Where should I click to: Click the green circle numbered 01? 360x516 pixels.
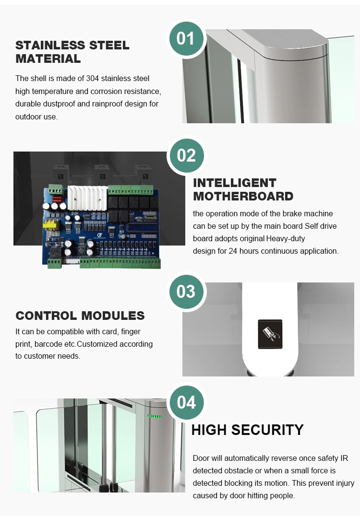pos(186,38)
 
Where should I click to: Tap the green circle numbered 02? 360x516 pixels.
pos(186,155)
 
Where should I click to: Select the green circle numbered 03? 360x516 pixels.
pos(186,292)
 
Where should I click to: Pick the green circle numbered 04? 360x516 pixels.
pos(186,402)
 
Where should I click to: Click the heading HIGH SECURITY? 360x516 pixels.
pos(247,430)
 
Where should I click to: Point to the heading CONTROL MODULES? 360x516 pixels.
pos(80,316)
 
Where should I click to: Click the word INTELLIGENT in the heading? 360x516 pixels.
pos(235,183)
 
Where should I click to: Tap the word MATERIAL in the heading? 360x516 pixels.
pos(48,59)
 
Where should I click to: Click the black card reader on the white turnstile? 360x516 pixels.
pos(270,334)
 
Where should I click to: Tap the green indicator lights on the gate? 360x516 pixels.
pos(154,416)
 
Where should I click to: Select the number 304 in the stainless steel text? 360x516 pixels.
pos(93,78)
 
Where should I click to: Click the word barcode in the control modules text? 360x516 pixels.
pos(48,344)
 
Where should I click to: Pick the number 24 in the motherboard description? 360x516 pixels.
pos(233,251)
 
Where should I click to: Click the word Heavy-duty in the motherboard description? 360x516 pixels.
pos(286,239)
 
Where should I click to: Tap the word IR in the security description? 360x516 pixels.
pos(344,458)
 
